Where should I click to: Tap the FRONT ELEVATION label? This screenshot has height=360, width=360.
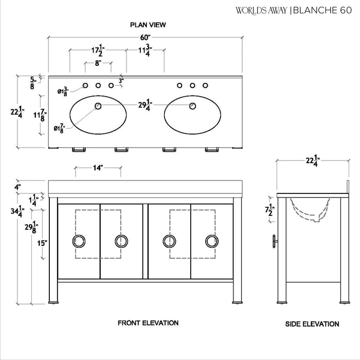[148, 323]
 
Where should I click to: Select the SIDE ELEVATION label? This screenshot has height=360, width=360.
[312, 324]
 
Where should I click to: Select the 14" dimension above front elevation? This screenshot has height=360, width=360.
[98, 168]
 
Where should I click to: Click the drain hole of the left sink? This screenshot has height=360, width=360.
[98, 106]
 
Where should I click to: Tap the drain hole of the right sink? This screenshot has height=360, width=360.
[192, 106]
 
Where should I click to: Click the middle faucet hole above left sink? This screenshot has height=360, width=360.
[98, 85]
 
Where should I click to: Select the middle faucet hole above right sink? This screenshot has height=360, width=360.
[192, 85]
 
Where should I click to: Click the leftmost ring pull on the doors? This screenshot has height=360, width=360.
[80, 241]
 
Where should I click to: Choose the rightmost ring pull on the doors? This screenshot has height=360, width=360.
[211, 241]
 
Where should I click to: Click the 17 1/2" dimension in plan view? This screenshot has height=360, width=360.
[96, 51]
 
